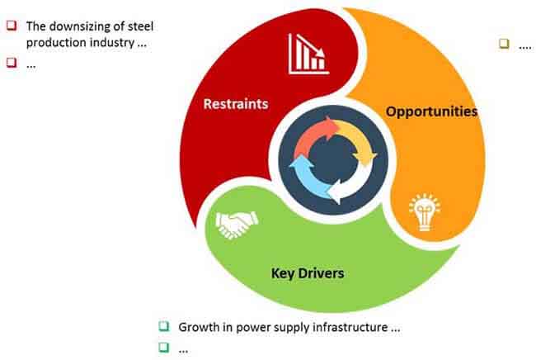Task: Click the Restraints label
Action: [236, 104]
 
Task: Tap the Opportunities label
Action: [431, 111]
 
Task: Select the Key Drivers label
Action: [308, 273]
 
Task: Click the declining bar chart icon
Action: [308, 54]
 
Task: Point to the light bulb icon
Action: [425, 212]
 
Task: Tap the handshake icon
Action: [237, 224]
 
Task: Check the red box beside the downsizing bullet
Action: [12, 26]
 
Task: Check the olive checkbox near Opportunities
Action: [504, 44]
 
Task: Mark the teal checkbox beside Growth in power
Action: [164, 326]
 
